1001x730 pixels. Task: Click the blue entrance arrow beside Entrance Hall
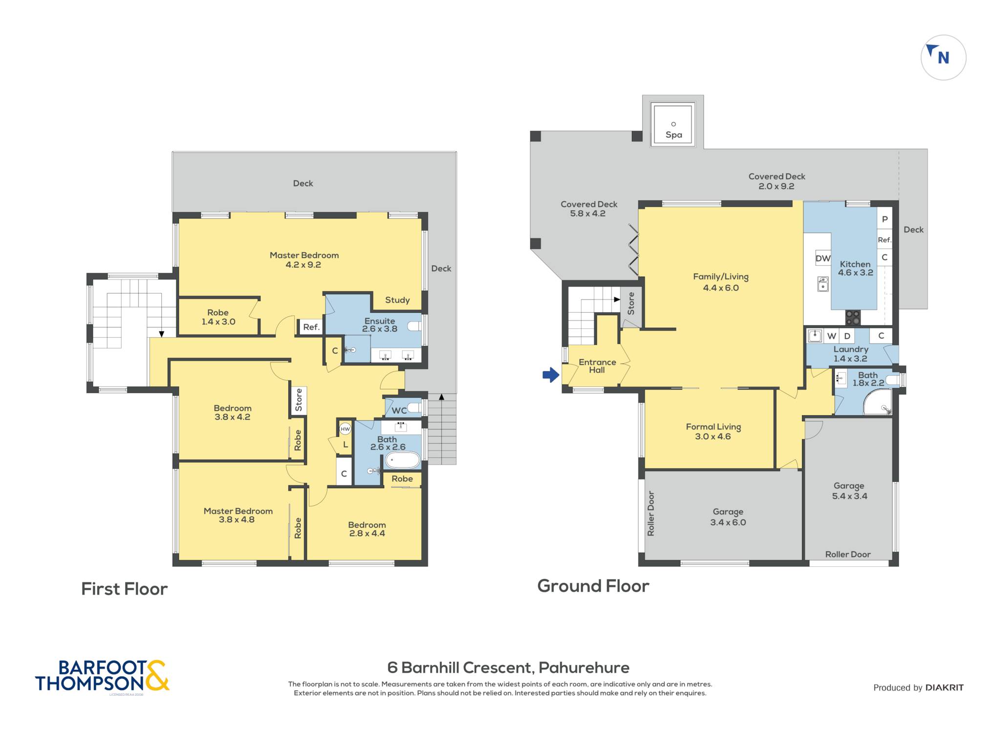click(x=551, y=375)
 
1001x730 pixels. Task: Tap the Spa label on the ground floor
click(x=674, y=135)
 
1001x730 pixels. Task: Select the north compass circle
click(x=943, y=58)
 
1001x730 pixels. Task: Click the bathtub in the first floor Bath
click(x=403, y=460)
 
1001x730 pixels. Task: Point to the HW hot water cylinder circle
click(x=345, y=429)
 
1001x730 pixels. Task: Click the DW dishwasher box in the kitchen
click(x=823, y=258)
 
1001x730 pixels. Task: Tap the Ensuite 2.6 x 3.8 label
click(x=380, y=325)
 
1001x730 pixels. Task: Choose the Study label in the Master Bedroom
click(x=397, y=300)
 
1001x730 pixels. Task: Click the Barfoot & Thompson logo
click(x=102, y=676)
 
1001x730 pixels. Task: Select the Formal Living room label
click(x=713, y=431)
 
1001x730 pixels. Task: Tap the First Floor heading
click(x=124, y=589)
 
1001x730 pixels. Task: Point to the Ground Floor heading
click(x=593, y=586)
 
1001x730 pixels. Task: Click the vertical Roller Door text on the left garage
click(x=651, y=514)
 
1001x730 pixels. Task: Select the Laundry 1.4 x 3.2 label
click(x=851, y=354)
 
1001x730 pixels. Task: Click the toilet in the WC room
click(x=414, y=407)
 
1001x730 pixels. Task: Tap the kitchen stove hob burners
click(x=853, y=318)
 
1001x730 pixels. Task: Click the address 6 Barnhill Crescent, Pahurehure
click(x=508, y=667)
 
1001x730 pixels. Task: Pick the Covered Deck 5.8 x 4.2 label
click(x=588, y=209)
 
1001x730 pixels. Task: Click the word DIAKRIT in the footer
click(x=944, y=687)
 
